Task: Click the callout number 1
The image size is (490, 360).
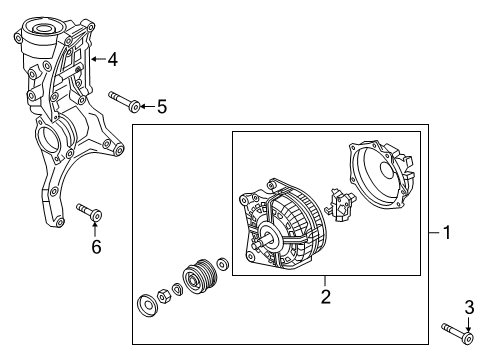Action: click(447, 232)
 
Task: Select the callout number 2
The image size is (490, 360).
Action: click(326, 296)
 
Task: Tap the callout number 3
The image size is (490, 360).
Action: click(469, 307)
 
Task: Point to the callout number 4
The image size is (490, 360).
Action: click(113, 60)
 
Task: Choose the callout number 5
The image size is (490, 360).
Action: click(162, 107)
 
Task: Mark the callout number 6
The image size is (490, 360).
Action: click(96, 247)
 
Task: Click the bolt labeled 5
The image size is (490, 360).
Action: click(124, 101)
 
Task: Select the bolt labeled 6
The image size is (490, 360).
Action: click(89, 212)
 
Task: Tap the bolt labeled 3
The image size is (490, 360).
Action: click(457, 333)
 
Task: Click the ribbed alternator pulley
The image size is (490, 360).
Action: click(200, 275)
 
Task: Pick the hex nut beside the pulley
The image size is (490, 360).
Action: click(163, 296)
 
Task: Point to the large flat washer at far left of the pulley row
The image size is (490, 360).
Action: click(146, 305)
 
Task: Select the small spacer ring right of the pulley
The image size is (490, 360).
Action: click(222, 264)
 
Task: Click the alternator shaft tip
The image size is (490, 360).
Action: click(254, 245)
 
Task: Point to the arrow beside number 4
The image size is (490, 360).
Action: click(98, 59)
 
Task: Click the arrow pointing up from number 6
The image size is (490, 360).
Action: click(95, 228)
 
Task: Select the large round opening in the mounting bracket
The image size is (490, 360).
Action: click(48, 141)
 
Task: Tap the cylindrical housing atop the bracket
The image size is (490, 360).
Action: click(41, 37)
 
